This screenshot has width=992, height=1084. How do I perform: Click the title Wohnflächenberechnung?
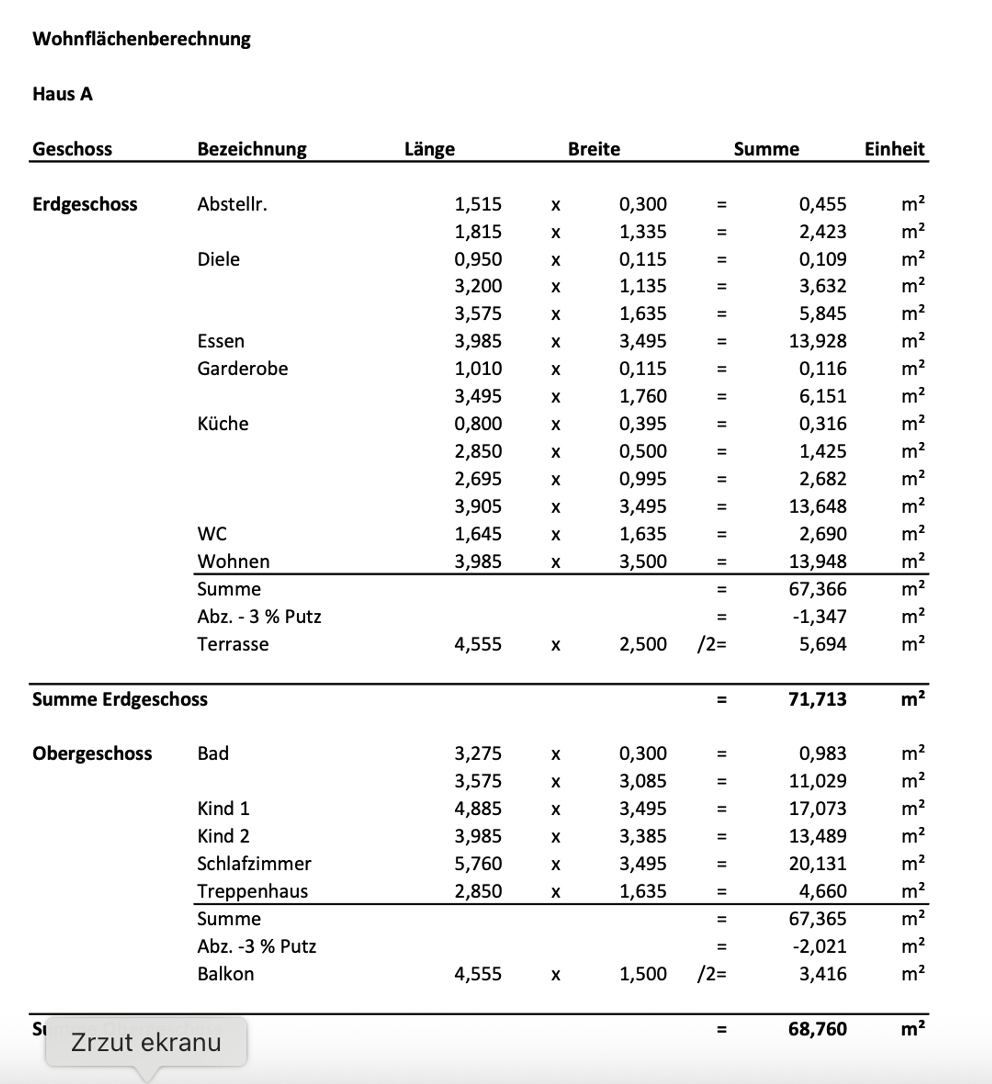point(142,39)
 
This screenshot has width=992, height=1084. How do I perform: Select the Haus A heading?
point(63,94)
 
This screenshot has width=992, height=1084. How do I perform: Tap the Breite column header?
point(594,149)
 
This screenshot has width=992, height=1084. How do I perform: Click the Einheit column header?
point(894,149)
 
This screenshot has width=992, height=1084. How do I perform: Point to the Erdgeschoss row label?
point(85,204)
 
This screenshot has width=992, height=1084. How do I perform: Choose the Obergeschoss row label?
point(92,753)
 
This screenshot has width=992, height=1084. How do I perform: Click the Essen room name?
point(221,341)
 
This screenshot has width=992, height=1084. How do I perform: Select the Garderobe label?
point(242,368)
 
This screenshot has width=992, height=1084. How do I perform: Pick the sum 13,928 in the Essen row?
point(817,341)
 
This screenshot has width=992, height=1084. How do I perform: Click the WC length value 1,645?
point(477,534)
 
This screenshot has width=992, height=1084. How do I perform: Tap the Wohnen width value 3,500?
point(643,561)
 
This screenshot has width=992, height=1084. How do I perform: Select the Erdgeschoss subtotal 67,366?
point(817,589)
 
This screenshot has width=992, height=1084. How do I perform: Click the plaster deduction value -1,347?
point(819,616)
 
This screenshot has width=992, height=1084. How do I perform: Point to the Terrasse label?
point(233,644)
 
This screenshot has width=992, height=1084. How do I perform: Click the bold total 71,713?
point(817,699)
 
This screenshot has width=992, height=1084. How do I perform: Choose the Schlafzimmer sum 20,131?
point(817,863)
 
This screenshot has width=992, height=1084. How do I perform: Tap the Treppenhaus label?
point(252,891)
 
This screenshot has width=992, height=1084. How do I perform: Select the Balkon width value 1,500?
point(643,974)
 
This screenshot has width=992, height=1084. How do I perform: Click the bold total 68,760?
point(817,1029)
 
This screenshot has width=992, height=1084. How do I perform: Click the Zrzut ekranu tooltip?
point(146,1042)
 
